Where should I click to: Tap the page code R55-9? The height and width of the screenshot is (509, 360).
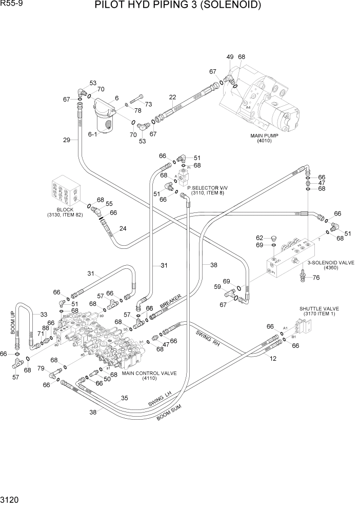(11, 4)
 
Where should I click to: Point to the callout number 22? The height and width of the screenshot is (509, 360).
(172, 97)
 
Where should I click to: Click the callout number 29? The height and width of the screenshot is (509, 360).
(66, 140)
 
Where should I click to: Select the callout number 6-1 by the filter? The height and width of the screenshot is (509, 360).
(92, 134)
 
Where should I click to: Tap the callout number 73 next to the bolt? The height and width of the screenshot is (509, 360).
(148, 104)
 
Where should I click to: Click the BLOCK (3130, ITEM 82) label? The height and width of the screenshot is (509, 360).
(64, 212)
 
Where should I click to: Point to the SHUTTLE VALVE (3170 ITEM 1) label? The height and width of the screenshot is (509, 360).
(319, 311)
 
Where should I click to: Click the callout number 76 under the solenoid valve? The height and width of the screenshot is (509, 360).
(316, 278)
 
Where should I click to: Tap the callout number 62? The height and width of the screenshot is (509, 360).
(259, 238)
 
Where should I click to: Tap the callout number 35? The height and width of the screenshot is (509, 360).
(124, 398)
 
